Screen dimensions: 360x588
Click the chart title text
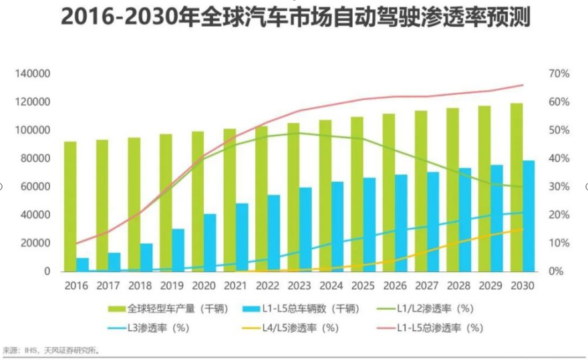click(295, 18)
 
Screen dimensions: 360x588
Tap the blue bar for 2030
click(529, 216)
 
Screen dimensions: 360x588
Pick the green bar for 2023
click(293, 197)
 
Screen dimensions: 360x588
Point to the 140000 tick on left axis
click(33, 73)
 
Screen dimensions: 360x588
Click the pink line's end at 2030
click(523, 85)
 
